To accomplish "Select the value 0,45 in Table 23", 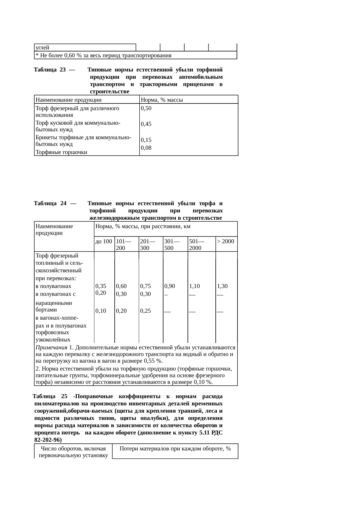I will pos(146,124).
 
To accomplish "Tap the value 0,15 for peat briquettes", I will pos(146,140).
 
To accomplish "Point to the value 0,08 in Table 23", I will pos(146,148).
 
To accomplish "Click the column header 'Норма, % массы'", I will pos(162,100).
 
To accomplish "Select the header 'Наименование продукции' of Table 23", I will pos(69,100).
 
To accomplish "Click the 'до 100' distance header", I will pos(104,241).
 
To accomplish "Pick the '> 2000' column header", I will pos(226,241).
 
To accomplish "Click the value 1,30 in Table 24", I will pos(222,286).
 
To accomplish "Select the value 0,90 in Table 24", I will pos(170,286).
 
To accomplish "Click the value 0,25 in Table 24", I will pos(145,311).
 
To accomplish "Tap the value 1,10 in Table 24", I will pos(194,286).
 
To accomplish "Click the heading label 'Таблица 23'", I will pos(50,70).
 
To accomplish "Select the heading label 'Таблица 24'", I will pos(50,203).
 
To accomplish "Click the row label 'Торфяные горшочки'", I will pos(61,152).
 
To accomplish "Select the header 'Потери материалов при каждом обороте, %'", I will pos(175,449).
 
